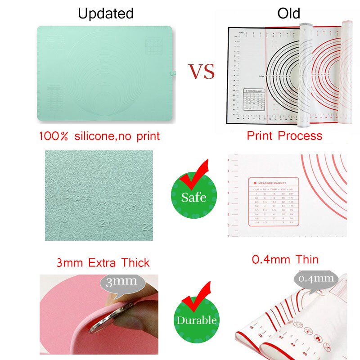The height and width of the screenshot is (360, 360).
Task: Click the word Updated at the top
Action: pos(106,13)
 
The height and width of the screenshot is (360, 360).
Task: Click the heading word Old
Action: pos(288,13)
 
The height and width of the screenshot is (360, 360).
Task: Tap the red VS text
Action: pos(201,72)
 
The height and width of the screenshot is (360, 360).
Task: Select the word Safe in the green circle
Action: pos(194,197)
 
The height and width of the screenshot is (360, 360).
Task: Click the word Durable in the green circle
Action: pos(197,320)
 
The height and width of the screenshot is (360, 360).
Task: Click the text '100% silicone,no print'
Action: pos(99,136)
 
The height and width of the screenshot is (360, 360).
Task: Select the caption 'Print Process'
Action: pos(284,135)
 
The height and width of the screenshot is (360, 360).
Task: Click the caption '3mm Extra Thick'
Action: pos(103,262)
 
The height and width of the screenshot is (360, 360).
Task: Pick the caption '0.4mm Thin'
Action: pos(285,259)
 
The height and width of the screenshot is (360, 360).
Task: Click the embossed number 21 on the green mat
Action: pos(106,223)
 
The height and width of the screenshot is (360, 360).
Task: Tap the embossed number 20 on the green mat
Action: pos(63,218)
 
